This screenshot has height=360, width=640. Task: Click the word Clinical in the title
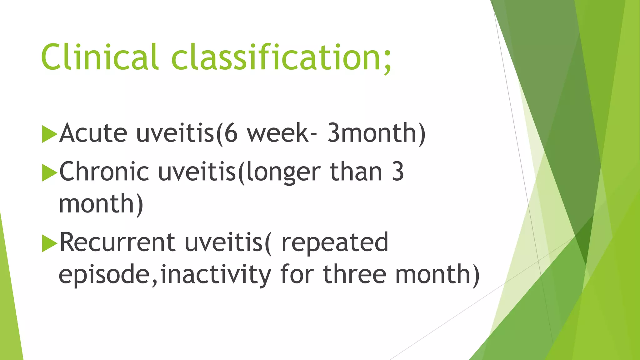click(x=99, y=57)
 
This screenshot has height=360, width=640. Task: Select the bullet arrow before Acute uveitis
click(x=49, y=134)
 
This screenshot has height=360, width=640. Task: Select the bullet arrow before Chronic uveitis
click(x=49, y=172)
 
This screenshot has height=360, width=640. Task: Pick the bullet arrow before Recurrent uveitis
click(x=49, y=243)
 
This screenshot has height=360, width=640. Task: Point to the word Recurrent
click(x=117, y=242)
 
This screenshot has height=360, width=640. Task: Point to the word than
click(x=356, y=172)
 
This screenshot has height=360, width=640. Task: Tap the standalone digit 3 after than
click(x=398, y=172)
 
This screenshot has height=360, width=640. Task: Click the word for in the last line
click(x=297, y=274)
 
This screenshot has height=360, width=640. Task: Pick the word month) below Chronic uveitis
click(x=101, y=204)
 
